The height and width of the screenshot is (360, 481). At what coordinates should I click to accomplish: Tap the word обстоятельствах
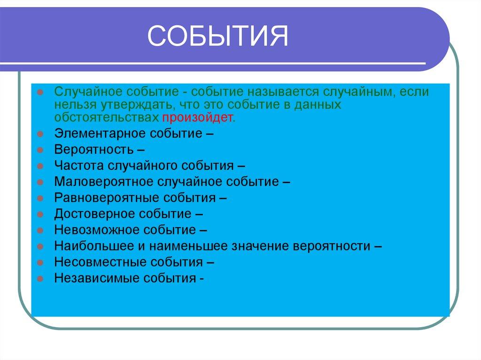(x=106, y=117)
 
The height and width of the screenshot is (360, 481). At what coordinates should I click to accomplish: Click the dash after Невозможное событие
(x=203, y=230)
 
